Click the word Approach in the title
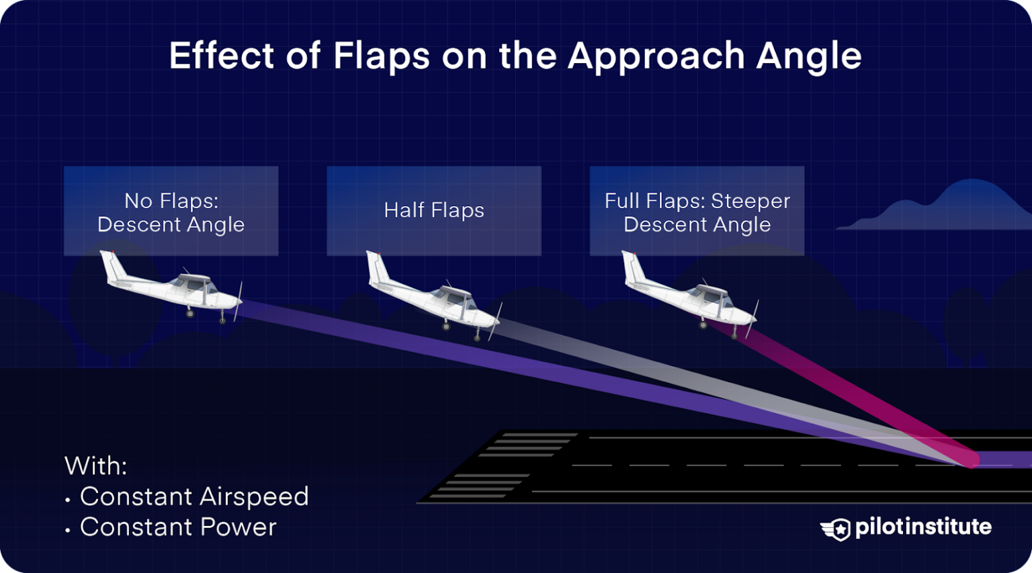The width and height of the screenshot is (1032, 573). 656,56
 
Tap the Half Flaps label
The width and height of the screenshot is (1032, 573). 434,210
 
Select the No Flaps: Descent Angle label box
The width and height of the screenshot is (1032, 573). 171,212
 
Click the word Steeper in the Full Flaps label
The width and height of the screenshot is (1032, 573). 750,201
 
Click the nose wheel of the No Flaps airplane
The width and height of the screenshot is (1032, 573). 222,320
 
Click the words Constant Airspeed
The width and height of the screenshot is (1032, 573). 194,496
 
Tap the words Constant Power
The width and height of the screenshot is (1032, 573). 178,527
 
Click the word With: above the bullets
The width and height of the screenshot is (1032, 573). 95,466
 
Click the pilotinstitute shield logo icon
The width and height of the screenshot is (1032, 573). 836,529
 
